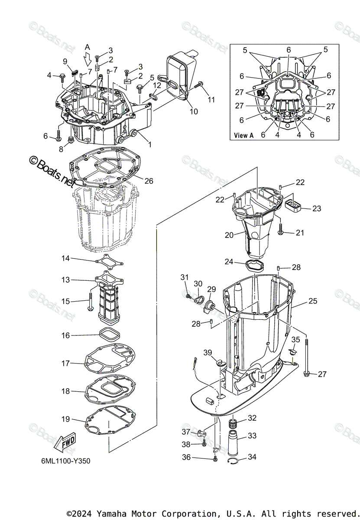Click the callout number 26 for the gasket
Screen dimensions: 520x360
(x=149, y=181)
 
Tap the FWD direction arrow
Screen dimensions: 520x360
(x=64, y=442)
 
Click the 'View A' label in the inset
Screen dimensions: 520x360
(x=244, y=135)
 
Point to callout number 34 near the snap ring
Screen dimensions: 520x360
(x=252, y=457)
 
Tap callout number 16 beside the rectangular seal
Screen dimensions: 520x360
(x=65, y=335)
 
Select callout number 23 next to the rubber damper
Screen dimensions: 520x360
(x=317, y=208)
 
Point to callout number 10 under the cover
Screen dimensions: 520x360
(x=194, y=111)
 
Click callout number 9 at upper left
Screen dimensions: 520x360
(x=65, y=61)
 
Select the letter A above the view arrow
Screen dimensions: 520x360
(x=88, y=47)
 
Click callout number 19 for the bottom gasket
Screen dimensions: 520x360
(x=65, y=419)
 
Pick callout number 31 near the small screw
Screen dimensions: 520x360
(x=185, y=277)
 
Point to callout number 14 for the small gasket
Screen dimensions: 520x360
(x=65, y=258)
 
